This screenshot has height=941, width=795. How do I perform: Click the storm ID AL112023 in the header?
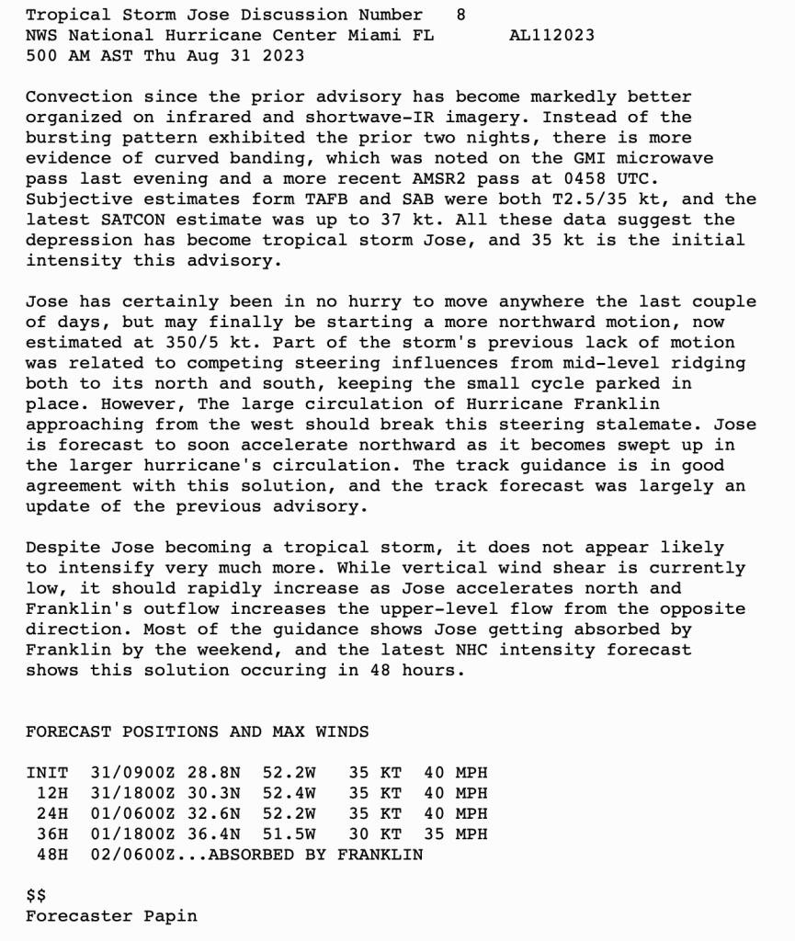[551, 36]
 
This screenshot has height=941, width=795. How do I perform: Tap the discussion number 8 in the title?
[460, 15]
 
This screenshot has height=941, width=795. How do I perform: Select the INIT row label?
[47, 773]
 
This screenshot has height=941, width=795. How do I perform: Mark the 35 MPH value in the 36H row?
[455, 834]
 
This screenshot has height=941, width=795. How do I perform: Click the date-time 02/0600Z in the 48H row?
[132, 855]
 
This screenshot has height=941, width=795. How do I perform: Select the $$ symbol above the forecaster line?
[36, 896]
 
